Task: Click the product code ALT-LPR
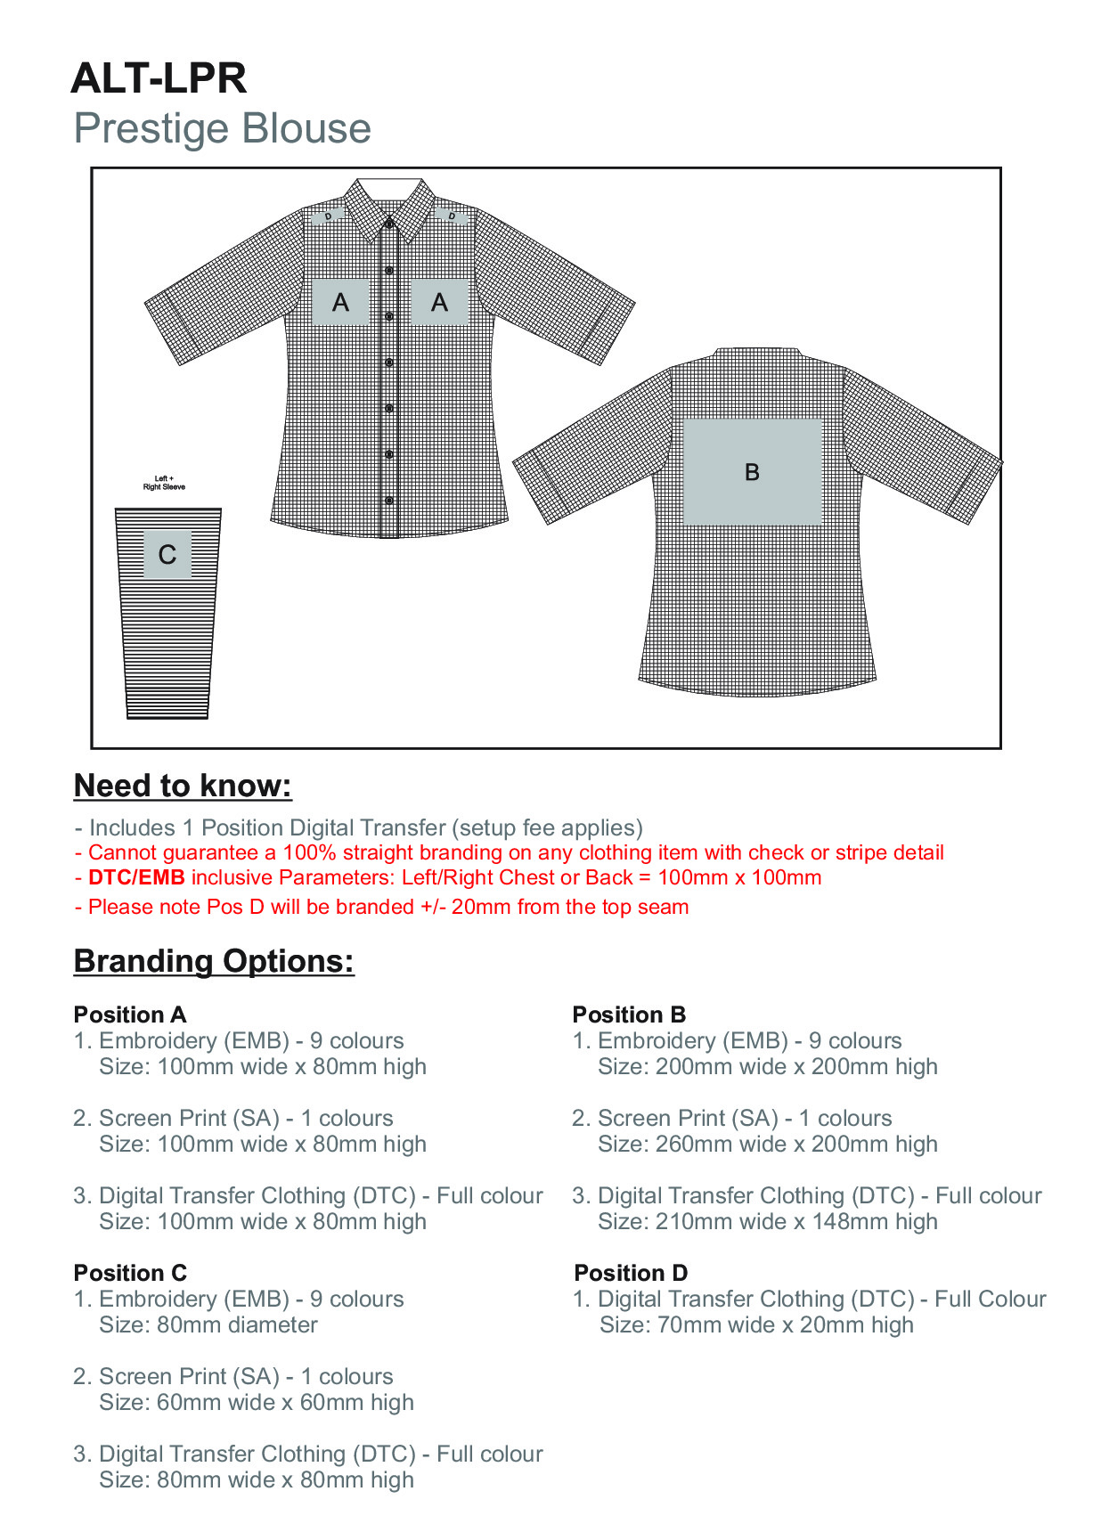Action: click(159, 78)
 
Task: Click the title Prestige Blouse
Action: click(222, 128)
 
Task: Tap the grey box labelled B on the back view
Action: click(752, 471)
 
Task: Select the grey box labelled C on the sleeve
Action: click(167, 554)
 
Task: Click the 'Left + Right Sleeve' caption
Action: click(164, 483)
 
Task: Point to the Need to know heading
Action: click(183, 786)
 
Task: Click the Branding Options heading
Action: click(214, 961)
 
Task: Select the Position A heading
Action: click(130, 1015)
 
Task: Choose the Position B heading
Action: click(629, 1015)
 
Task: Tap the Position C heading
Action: click(130, 1273)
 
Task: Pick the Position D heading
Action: click(631, 1273)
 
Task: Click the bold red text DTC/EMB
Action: click(136, 877)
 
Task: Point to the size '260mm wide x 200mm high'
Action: click(768, 1144)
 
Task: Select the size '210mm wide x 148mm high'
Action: click(768, 1221)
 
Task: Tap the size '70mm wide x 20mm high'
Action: click(757, 1324)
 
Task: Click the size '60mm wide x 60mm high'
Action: click(257, 1402)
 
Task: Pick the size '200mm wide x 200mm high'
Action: click(768, 1066)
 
